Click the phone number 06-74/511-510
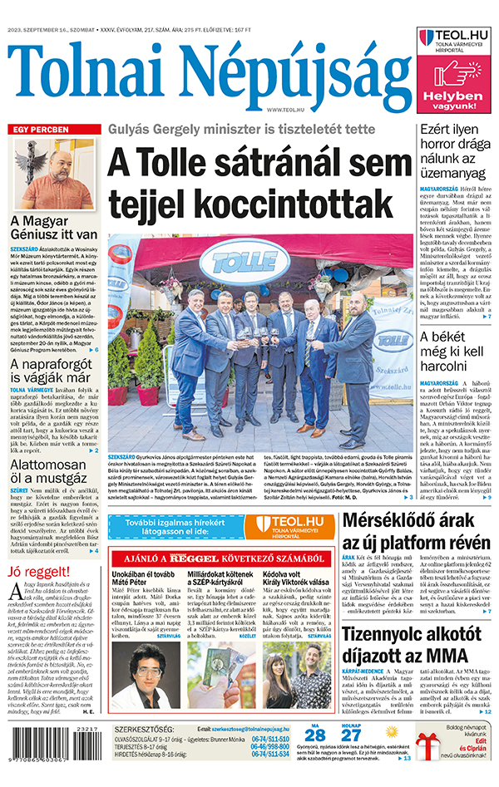click(x=270, y=737)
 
